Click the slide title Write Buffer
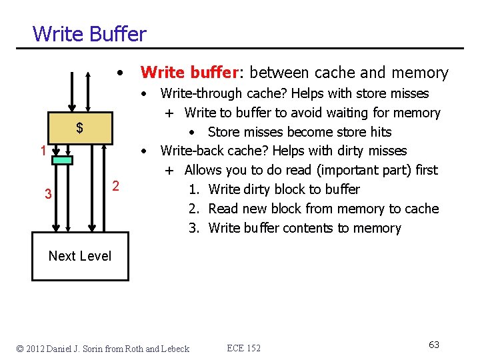tap(89, 33)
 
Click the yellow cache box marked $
tap(79, 127)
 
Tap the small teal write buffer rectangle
tap(61, 160)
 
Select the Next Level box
tap(80, 256)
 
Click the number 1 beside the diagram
tap(42, 151)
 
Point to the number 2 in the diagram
tap(115, 185)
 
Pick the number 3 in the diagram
tap(47, 195)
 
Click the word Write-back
tap(188, 151)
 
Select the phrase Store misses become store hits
tap(299, 132)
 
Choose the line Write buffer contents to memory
tap(305, 228)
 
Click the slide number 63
tap(434, 345)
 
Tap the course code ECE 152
tap(244, 348)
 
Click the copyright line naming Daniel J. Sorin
tap(103, 348)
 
